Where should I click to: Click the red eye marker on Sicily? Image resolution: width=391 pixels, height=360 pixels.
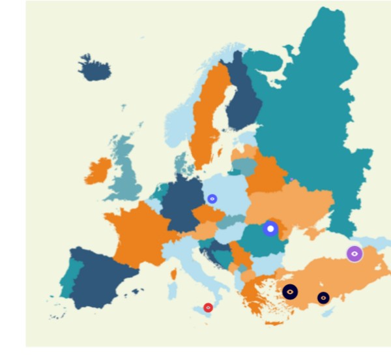208,307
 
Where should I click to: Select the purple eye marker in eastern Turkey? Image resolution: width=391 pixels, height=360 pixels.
354,254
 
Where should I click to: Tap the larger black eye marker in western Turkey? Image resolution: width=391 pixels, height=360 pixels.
290,292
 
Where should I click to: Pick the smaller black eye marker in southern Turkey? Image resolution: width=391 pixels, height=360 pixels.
323,297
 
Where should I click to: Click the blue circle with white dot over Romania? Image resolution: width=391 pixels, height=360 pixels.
270,228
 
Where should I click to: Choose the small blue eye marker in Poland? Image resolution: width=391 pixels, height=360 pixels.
212,198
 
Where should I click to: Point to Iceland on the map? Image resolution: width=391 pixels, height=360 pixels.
95,67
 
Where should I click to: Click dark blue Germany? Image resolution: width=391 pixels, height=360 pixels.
181,199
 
